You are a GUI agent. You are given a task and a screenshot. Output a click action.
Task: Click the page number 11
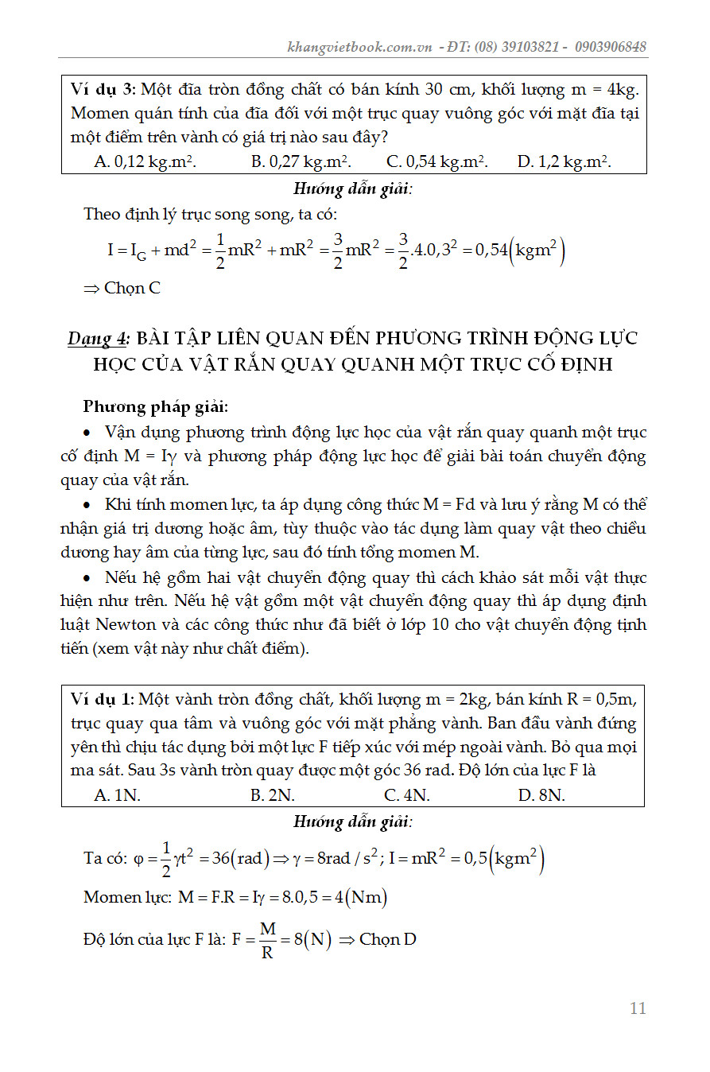[x=637, y=1008]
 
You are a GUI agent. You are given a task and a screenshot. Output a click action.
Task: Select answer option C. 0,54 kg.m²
[x=436, y=161]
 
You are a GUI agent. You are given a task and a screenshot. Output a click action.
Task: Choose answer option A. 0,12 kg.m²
[x=145, y=161]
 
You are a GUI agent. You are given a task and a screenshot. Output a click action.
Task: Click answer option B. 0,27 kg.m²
[x=301, y=161]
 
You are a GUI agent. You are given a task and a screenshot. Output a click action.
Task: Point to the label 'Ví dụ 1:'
[x=102, y=700]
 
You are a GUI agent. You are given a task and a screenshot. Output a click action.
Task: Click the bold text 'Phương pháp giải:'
[x=156, y=407]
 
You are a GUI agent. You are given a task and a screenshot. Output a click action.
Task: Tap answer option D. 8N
[x=541, y=795]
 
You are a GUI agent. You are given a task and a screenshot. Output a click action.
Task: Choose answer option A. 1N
[x=117, y=795]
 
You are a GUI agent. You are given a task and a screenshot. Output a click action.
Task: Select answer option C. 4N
[x=407, y=795]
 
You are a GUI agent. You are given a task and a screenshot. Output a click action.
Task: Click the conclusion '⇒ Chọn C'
[x=122, y=288]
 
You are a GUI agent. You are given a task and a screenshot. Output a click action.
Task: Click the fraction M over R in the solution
[x=267, y=940]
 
